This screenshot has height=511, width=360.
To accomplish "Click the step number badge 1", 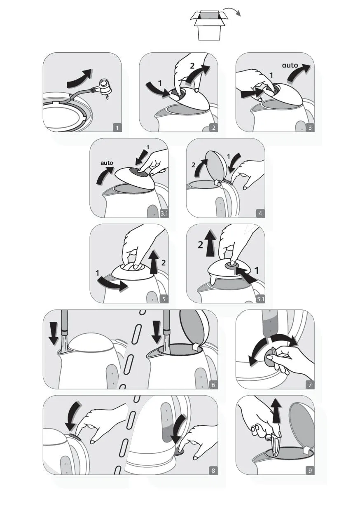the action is (x=117, y=128).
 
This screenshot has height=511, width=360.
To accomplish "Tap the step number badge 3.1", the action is (x=164, y=213).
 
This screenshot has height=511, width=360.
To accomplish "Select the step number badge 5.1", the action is (x=260, y=299).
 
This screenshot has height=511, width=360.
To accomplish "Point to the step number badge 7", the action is (x=310, y=385).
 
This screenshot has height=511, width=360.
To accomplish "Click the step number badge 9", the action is (x=310, y=470).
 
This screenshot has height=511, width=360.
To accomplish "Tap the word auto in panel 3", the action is (x=290, y=66).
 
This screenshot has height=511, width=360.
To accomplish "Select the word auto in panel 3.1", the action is (x=107, y=163).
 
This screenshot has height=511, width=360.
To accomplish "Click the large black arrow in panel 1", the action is (x=80, y=78).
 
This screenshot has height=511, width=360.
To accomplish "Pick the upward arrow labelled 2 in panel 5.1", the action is (x=210, y=243).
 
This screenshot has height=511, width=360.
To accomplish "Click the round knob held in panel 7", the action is (x=271, y=358).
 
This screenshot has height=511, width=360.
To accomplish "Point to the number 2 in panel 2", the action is (x=192, y=66).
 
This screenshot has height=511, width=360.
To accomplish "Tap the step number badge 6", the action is (x=213, y=385).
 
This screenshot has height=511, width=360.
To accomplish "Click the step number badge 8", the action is (x=213, y=470).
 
